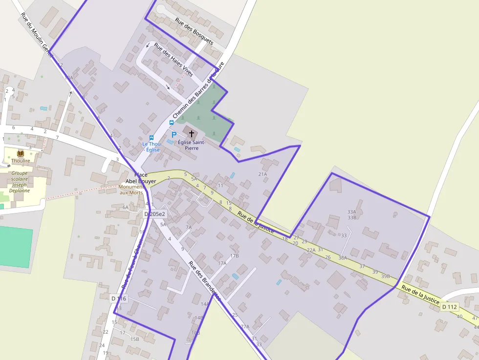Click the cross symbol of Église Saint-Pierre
[x=191, y=133]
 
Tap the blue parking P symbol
[x=174, y=134]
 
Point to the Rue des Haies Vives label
[x=174, y=60]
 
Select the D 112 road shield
[x=450, y=307]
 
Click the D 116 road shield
[x=118, y=298]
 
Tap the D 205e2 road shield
[x=154, y=214]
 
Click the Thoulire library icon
[x=21, y=153]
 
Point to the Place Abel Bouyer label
[x=141, y=178]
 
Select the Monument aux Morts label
[x=131, y=190]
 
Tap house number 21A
[x=262, y=174]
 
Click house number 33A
[x=352, y=212]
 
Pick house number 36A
[x=342, y=258]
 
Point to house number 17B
[x=235, y=255]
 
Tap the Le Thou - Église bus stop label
[x=152, y=147]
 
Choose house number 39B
[x=386, y=276]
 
